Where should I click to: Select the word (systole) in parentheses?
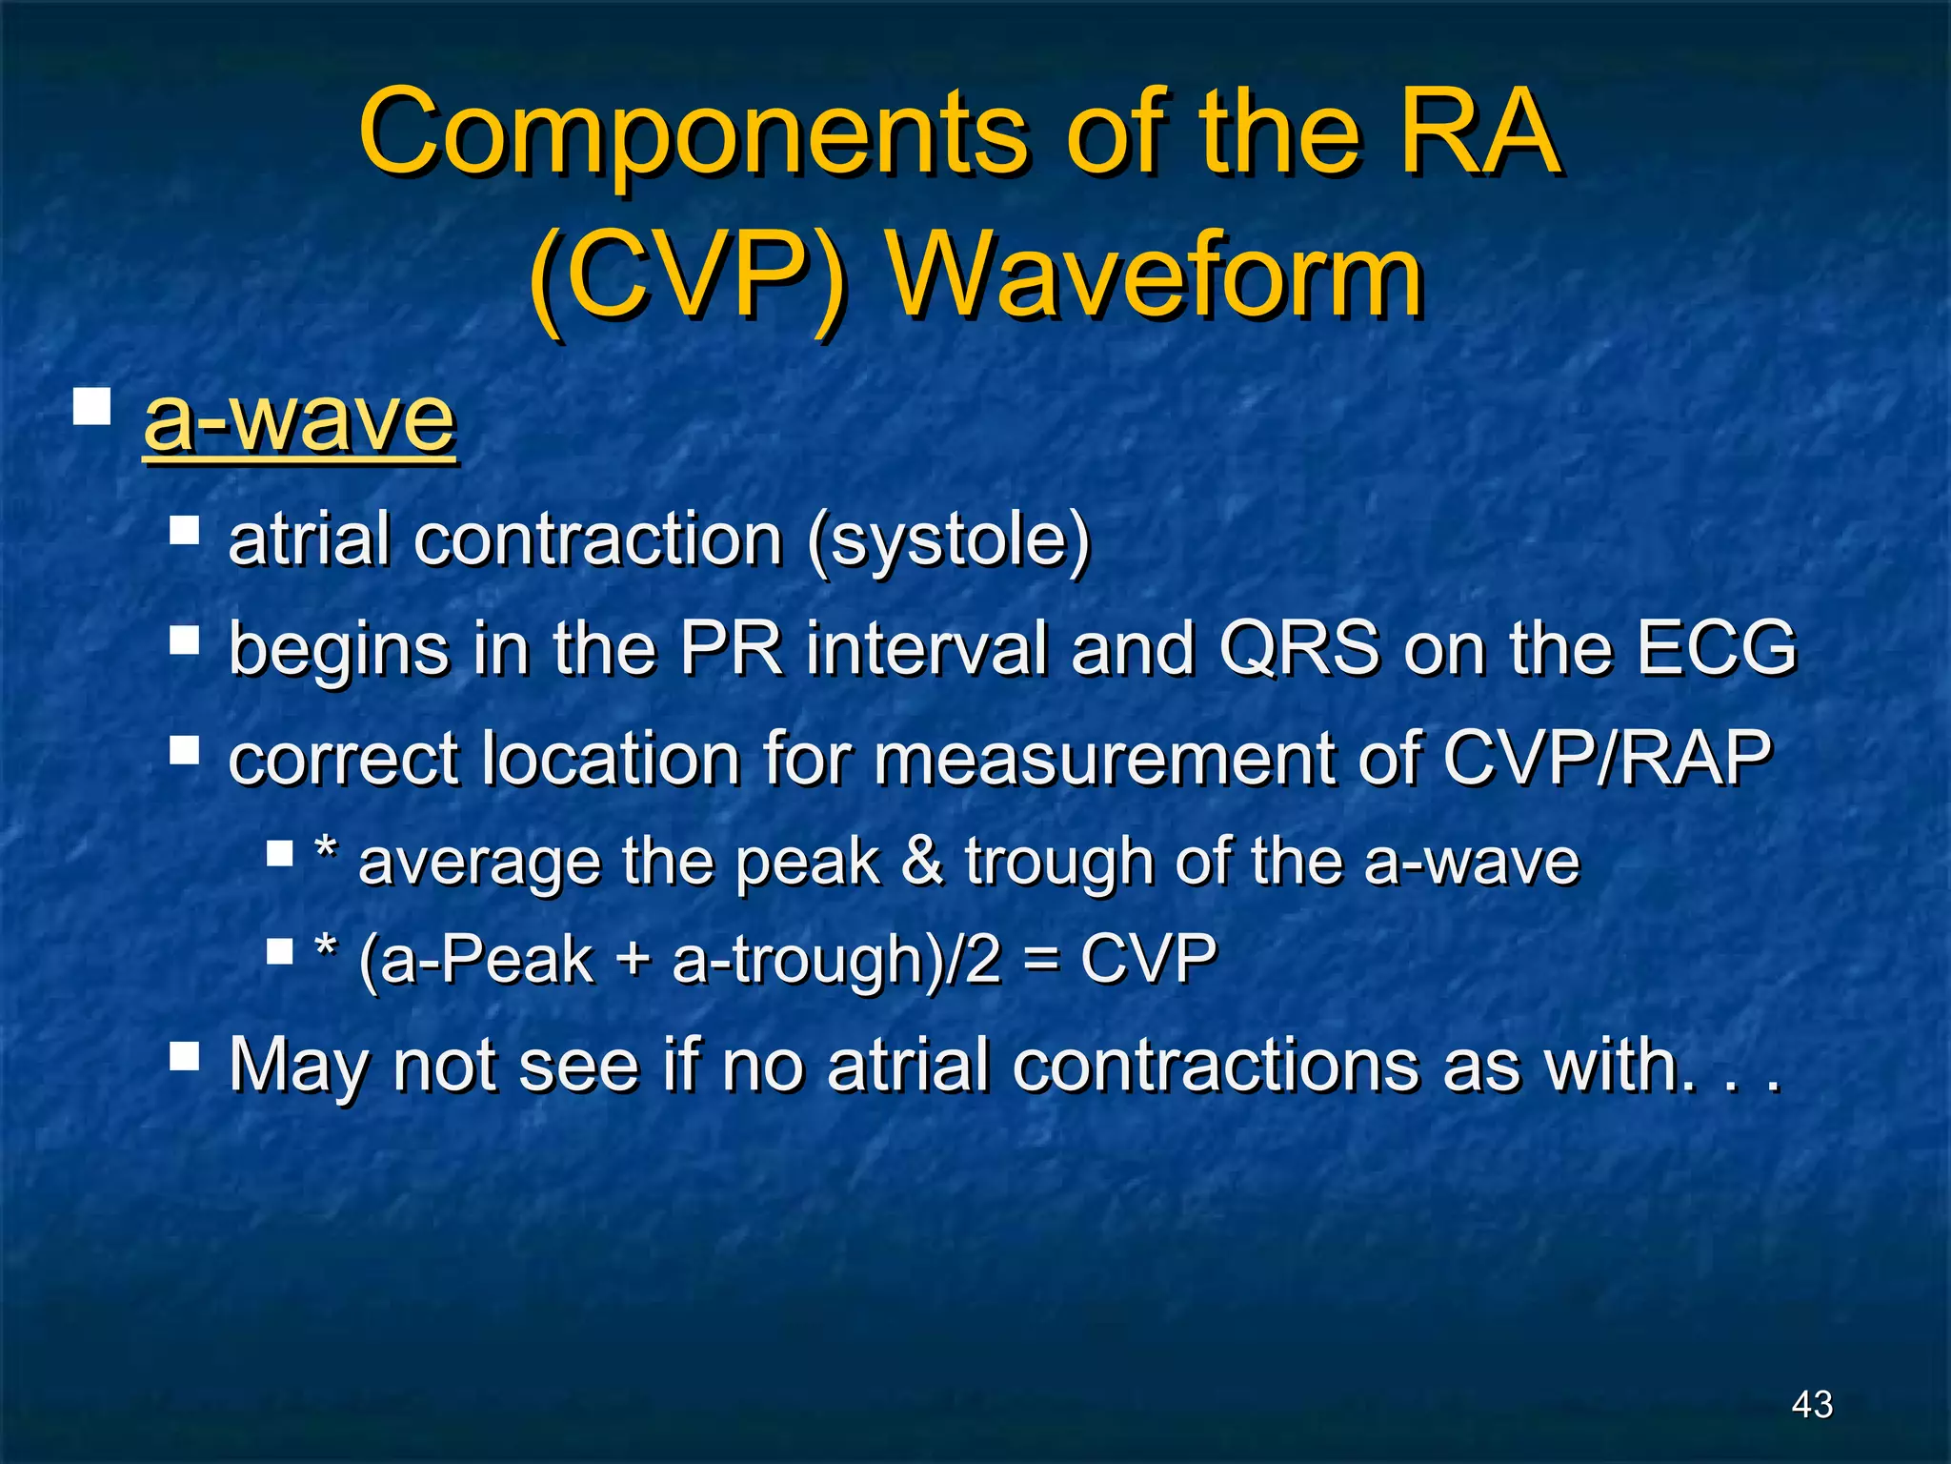(x=948, y=539)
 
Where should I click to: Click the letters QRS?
(x=1299, y=648)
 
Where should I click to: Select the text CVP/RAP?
(x=1606, y=759)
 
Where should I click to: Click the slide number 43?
(x=1812, y=1404)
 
